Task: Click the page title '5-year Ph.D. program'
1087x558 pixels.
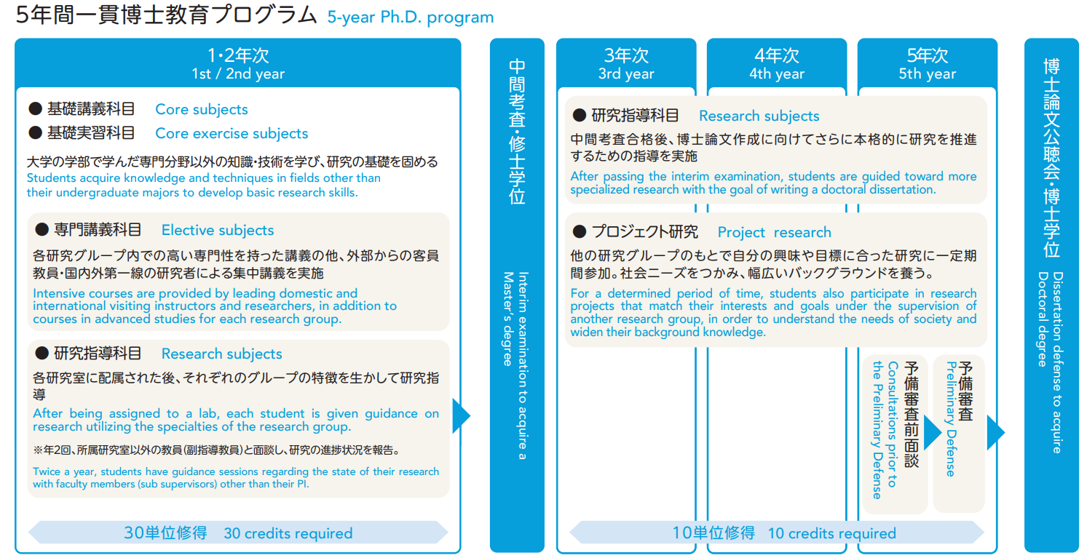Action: pyautogui.click(x=410, y=17)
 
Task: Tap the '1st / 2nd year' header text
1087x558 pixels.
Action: pyautogui.click(x=238, y=74)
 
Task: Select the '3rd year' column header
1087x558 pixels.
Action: pyautogui.click(x=626, y=74)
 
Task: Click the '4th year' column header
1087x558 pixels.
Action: pyautogui.click(x=777, y=74)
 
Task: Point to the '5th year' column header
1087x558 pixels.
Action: pyautogui.click(x=927, y=74)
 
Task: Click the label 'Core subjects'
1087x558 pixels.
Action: pyautogui.click(x=202, y=110)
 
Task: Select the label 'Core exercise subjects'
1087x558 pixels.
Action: pyautogui.click(x=232, y=134)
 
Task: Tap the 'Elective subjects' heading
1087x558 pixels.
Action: pyautogui.click(x=218, y=231)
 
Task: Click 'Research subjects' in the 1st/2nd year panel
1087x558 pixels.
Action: pyautogui.click(x=221, y=354)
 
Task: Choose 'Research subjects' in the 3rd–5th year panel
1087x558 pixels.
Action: pyautogui.click(x=759, y=116)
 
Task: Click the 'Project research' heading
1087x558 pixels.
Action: pyautogui.click(x=774, y=233)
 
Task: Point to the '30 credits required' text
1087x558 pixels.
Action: pyautogui.click(x=288, y=533)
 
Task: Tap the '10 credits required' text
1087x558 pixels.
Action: pyautogui.click(x=831, y=533)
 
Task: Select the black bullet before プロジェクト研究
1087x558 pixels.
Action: pyautogui.click(x=580, y=232)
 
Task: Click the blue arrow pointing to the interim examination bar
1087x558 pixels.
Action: pyautogui.click(x=461, y=416)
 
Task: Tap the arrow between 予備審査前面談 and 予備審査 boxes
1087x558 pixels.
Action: pyautogui.click(x=932, y=432)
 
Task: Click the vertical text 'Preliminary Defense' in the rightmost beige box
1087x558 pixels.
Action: pyautogui.click(x=950, y=418)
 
